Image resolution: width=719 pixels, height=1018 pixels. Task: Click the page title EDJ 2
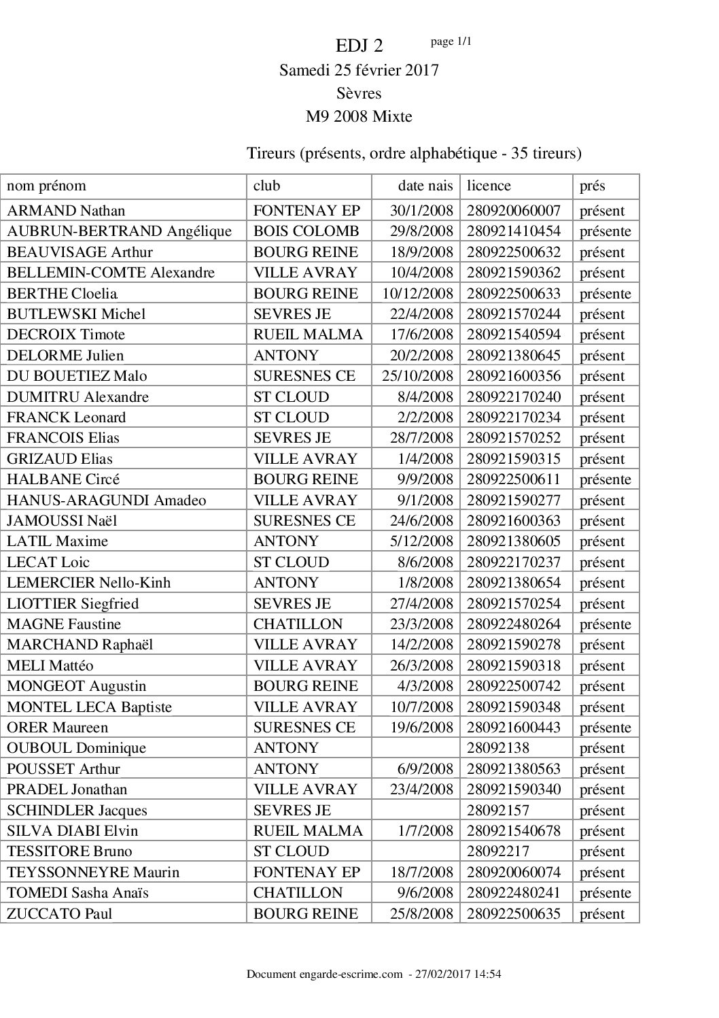(359, 46)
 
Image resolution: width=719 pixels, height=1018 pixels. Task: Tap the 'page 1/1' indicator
(451, 41)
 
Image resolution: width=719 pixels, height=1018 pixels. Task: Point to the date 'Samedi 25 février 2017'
(359, 70)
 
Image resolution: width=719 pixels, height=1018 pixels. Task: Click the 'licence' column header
(489, 186)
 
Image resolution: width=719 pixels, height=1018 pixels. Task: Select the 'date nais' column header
(425, 186)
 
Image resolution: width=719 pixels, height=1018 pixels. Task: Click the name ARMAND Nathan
(66, 211)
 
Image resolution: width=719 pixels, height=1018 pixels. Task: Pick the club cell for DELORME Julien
(285, 356)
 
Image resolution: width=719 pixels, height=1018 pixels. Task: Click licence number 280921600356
(514, 376)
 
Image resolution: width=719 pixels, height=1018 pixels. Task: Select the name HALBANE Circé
(64, 479)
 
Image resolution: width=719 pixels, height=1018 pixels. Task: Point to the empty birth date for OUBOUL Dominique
(416, 748)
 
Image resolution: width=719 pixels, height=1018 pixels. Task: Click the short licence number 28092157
(498, 811)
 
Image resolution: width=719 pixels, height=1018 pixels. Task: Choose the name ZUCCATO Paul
(60, 914)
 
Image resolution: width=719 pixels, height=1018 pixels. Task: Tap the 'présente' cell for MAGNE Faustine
(605, 624)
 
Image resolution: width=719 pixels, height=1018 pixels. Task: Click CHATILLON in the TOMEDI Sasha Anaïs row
(298, 893)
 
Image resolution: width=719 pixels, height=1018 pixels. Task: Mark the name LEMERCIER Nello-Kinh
(88, 583)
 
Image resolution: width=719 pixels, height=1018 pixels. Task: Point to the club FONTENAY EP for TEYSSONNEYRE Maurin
(306, 872)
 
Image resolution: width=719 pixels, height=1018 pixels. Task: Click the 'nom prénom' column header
(46, 186)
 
